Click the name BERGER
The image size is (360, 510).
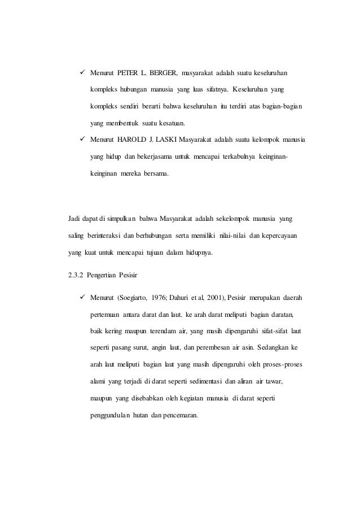pyautogui.click(x=164, y=73)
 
